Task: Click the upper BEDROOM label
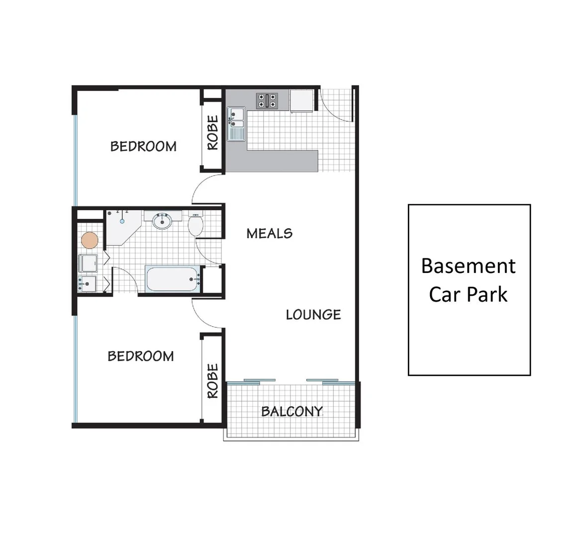[x=143, y=146]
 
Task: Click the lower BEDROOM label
[x=141, y=356]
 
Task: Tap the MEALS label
[x=269, y=233]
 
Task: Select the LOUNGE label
[x=313, y=314]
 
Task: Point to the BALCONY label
[x=291, y=411]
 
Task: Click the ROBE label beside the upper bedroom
[x=212, y=133]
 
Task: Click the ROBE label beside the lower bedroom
[x=212, y=381]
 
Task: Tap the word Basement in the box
[x=468, y=266]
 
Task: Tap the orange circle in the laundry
[x=90, y=241]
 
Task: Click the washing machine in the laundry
[x=88, y=263]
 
